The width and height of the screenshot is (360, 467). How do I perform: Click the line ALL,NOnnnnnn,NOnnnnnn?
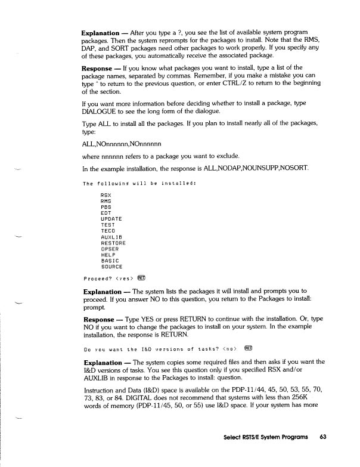tap(123, 144)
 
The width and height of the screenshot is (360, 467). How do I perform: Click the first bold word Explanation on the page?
tap(103, 31)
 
